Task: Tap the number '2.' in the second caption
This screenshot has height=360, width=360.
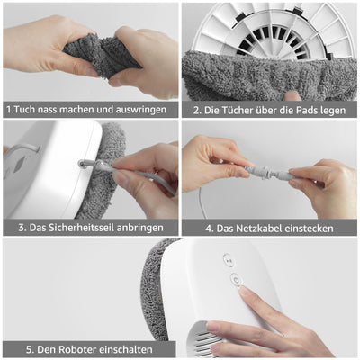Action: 198,110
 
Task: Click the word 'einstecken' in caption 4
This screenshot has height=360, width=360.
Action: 308,229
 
